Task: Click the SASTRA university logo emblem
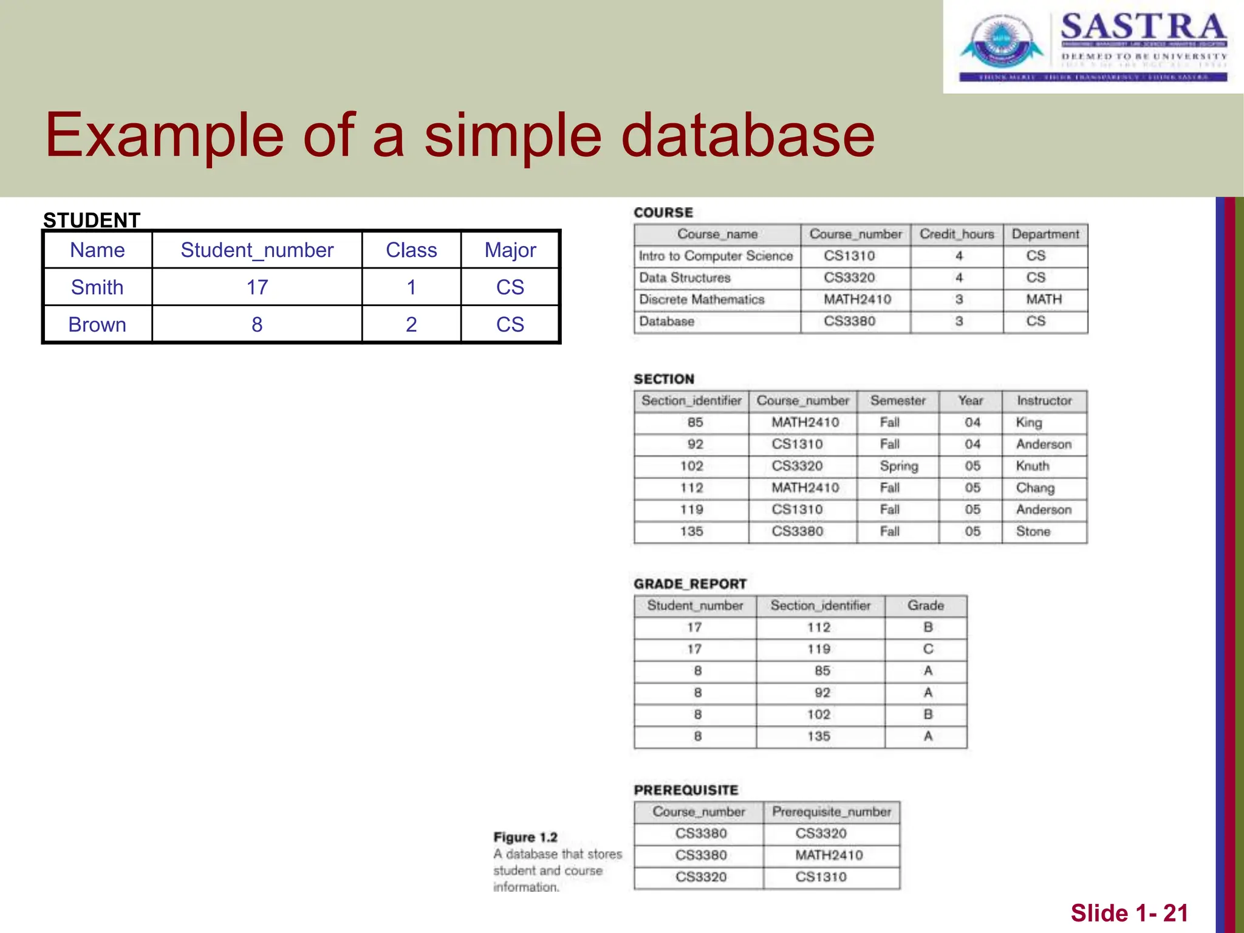[x=1001, y=43]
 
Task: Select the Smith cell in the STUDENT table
[x=97, y=287]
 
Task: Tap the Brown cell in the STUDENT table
[x=97, y=325]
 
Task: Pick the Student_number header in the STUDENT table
[x=257, y=250]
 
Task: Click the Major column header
[x=510, y=250]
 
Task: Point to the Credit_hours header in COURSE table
[x=957, y=234]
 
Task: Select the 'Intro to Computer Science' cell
[x=716, y=256]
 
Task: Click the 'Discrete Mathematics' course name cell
[x=702, y=300]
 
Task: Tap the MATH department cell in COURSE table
[x=1044, y=300]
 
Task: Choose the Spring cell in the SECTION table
[x=899, y=466]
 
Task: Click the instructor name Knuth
[x=1033, y=466]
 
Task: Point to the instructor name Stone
[x=1033, y=532]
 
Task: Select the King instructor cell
[x=1029, y=423]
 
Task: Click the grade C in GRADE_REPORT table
[x=928, y=649]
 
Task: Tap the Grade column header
[x=926, y=606]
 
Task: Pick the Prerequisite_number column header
[x=831, y=812]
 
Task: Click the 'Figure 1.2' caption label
[x=525, y=838]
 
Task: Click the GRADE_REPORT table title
[x=690, y=584]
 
